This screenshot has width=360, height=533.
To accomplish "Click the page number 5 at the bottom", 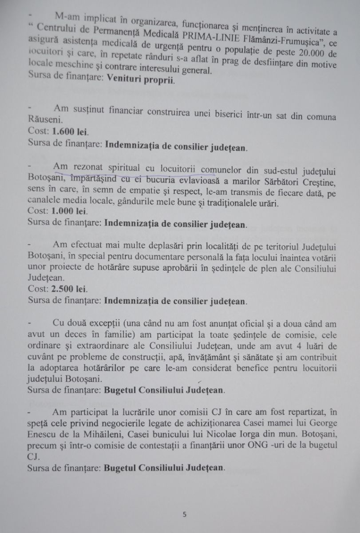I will (185, 515).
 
